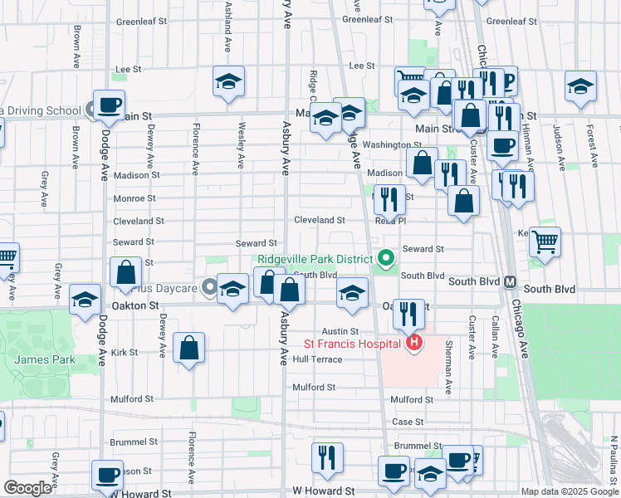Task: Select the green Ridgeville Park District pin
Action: pos(384,258)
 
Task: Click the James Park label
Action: pos(44,359)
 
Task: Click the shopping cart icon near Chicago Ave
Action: pos(545,242)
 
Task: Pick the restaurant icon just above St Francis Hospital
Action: pos(408,313)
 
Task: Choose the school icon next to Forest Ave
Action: pos(580,85)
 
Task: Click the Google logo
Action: pos(27,488)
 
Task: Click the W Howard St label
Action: pos(323,492)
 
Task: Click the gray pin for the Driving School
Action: pos(91,110)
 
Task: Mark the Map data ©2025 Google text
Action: pos(569,491)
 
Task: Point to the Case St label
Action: pos(408,422)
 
